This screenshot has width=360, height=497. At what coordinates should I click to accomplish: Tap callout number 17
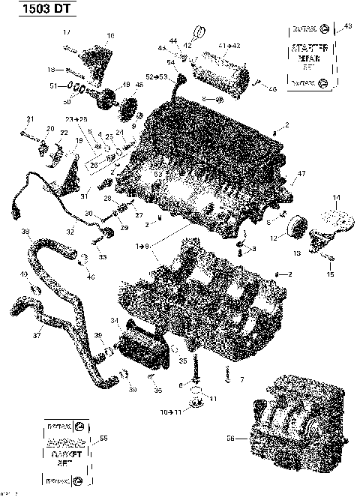[66, 32]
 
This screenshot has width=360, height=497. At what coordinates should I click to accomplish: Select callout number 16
[110, 35]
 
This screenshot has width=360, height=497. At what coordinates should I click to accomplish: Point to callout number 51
[52, 86]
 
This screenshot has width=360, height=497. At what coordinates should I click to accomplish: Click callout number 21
[31, 119]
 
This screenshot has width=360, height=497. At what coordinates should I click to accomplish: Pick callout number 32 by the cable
[70, 232]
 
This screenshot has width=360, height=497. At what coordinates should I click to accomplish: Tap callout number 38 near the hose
[25, 231]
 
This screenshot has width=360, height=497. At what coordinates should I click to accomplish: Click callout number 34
[115, 321]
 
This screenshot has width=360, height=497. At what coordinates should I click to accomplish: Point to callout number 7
[242, 381]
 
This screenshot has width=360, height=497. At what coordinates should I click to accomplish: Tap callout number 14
[336, 197]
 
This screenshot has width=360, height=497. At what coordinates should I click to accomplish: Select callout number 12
[273, 238]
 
